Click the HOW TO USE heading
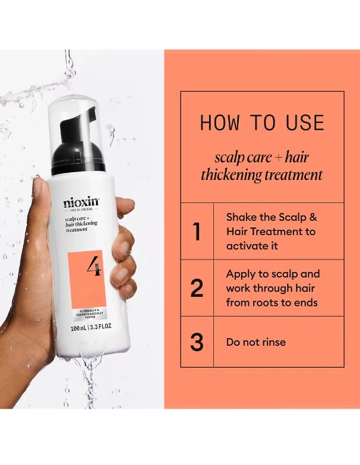(x=262, y=123)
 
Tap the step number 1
(x=197, y=231)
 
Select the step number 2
(x=197, y=288)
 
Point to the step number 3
(x=197, y=342)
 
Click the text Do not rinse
(x=256, y=342)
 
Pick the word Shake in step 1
(x=240, y=217)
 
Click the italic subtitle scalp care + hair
(x=262, y=157)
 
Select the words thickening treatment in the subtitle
(x=262, y=174)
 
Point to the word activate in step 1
(x=246, y=246)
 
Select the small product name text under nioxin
(x=81, y=224)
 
